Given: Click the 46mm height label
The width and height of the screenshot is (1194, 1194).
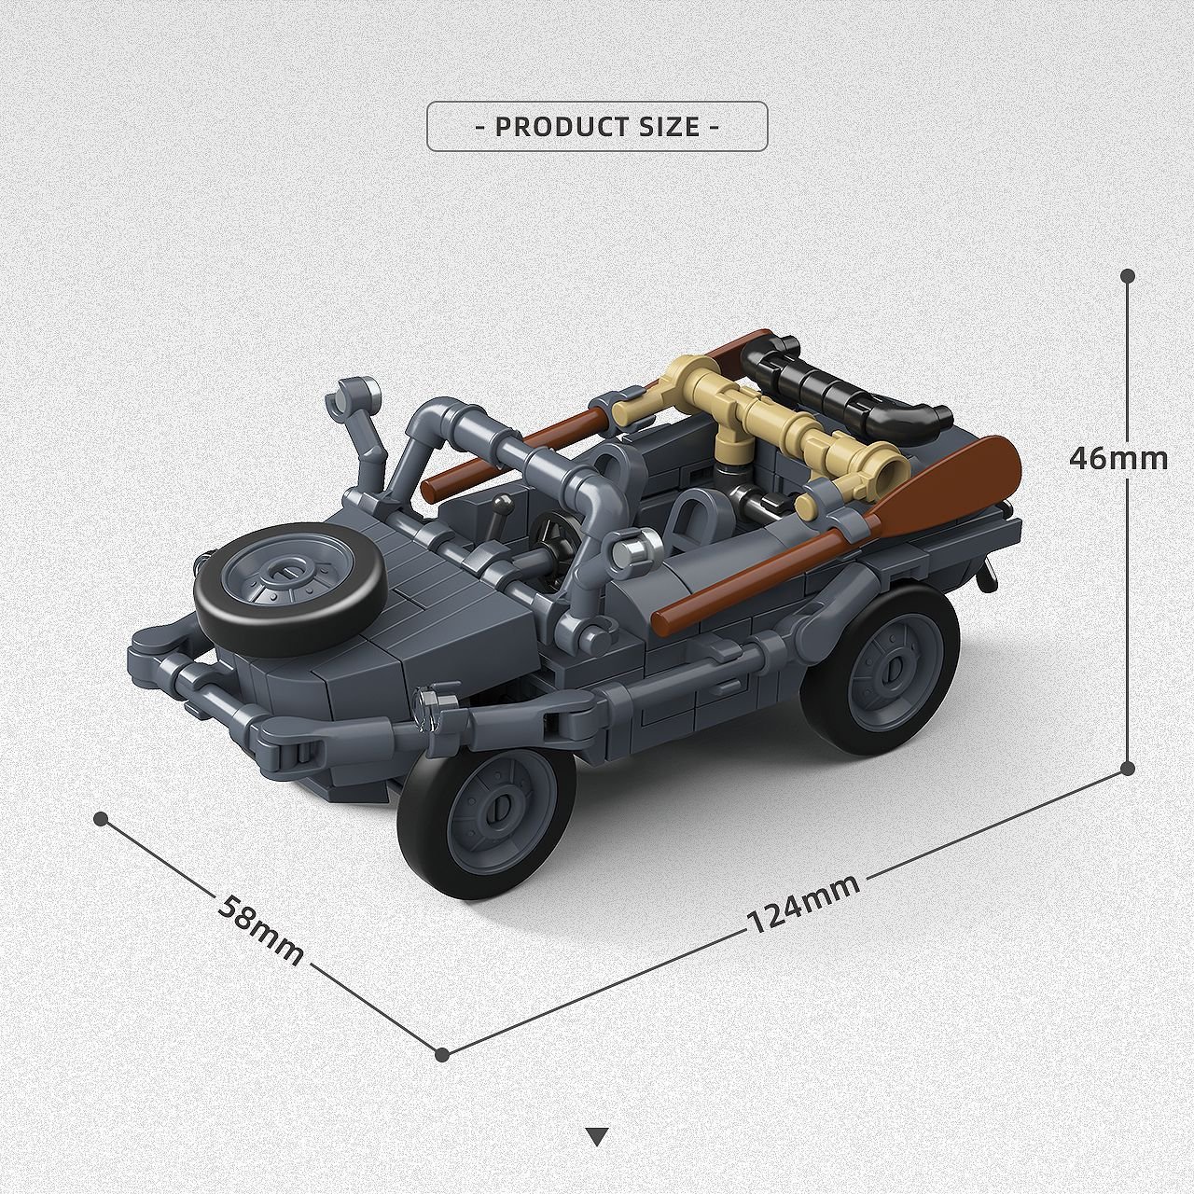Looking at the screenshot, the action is pos(1118,459).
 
